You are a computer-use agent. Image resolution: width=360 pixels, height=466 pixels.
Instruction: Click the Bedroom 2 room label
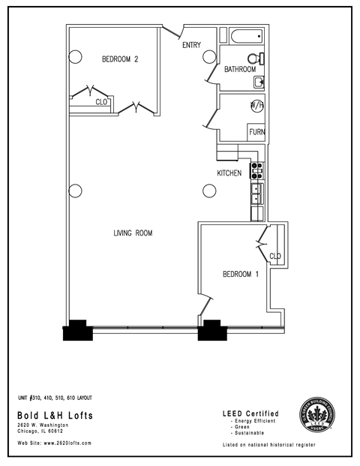[120, 60]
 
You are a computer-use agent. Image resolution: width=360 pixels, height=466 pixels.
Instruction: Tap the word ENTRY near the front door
[191, 45]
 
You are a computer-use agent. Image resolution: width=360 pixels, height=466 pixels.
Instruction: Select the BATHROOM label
[240, 70]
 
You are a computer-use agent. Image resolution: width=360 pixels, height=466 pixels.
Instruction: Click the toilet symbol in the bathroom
[255, 59]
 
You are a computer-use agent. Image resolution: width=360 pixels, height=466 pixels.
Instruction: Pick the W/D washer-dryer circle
[256, 105]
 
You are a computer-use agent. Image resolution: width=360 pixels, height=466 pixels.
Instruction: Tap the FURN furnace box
[256, 132]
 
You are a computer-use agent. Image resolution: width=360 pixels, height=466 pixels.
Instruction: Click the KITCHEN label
[229, 173]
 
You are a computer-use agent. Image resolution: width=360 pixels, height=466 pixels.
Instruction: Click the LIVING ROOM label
[133, 233]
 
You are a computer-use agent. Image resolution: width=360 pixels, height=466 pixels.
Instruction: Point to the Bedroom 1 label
[240, 275]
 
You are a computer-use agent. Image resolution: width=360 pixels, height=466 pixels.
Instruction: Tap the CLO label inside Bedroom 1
[274, 256]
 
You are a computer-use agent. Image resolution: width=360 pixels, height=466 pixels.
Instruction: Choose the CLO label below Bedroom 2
[101, 102]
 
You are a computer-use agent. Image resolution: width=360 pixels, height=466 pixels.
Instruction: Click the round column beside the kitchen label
[209, 191]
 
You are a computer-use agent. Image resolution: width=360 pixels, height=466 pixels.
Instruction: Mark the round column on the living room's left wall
[74, 190]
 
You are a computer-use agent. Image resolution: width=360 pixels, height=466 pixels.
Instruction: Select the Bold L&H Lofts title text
[49, 415]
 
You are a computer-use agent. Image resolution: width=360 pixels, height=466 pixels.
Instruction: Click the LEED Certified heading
[250, 413]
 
